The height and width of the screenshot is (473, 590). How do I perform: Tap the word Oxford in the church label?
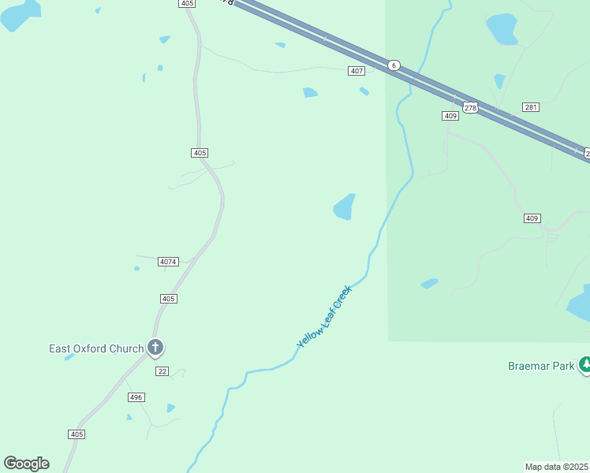coord(93,348)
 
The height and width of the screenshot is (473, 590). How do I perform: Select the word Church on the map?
coord(128,348)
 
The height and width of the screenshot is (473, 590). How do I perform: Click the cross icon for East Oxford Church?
coord(155,347)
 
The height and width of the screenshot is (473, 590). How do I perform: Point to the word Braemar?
coord(529,366)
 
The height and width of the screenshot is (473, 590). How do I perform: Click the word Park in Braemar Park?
coord(564,366)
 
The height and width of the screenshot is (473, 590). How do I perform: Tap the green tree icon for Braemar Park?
coord(585,364)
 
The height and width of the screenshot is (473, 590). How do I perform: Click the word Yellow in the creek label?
coord(308,337)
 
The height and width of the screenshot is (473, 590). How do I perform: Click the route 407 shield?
coord(357,71)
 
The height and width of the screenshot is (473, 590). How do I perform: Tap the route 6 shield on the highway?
coord(394,65)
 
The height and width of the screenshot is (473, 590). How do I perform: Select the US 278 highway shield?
coord(471,108)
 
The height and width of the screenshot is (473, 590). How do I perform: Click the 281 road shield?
coord(530,107)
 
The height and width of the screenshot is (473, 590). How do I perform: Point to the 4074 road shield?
coord(168,262)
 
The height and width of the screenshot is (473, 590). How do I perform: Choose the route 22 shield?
coord(162,371)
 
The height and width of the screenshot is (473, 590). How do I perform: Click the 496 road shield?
coord(136,397)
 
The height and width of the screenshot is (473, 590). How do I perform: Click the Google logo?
coord(26,464)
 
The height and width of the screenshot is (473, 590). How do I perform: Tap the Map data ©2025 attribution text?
coord(556,467)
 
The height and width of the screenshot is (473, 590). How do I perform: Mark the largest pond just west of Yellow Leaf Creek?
coord(344,207)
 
